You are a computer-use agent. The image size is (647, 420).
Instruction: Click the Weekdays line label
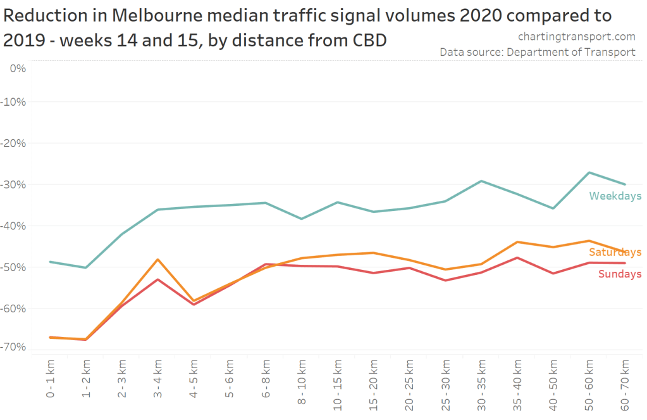point(615,196)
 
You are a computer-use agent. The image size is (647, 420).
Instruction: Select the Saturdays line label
point(615,252)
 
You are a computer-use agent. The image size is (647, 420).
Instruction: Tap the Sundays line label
point(620,274)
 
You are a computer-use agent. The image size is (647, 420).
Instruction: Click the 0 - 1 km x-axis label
point(49,379)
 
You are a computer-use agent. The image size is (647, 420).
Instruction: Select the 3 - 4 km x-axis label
point(158,379)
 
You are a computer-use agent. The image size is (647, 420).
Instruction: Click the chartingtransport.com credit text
point(576,37)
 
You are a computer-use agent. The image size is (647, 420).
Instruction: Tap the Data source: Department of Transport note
point(538,52)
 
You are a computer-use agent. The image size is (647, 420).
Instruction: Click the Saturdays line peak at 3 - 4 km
point(158,259)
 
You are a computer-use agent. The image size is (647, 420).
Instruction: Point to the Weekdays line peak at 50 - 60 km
point(589,172)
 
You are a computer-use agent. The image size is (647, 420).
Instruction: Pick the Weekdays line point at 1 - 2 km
point(86,267)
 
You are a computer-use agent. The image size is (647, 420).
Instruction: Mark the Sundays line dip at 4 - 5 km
point(194,305)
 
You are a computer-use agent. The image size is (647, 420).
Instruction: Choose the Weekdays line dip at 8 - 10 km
point(302,219)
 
